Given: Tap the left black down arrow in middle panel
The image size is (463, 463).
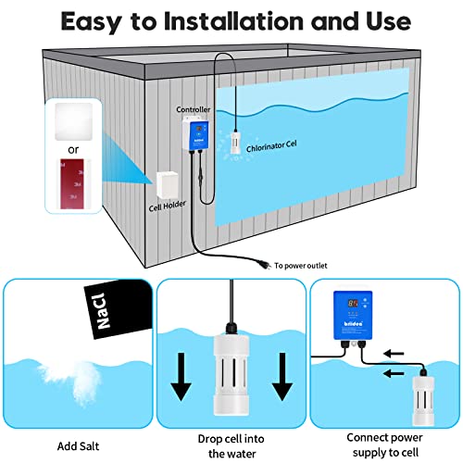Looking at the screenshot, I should click(x=181, y=369).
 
